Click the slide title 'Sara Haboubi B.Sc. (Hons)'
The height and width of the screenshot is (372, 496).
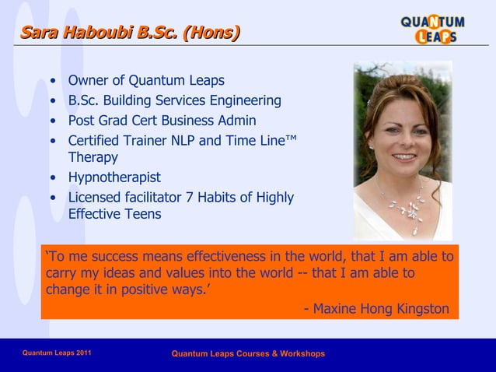pos(130,32)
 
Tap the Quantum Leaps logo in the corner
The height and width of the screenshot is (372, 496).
pos(432,29)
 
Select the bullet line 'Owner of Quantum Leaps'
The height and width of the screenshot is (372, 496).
pos(146,80)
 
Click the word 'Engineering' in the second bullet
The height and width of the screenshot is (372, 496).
pos(243,100)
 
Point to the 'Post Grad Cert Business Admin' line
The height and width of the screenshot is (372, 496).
pos(162,121)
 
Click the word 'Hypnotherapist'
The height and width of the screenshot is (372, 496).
pos(114,177)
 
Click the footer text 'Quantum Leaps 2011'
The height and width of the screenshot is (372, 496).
pos(57,353)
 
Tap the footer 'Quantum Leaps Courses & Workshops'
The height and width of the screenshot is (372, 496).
pos(248,354)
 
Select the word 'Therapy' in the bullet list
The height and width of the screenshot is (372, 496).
pos(93,157)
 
